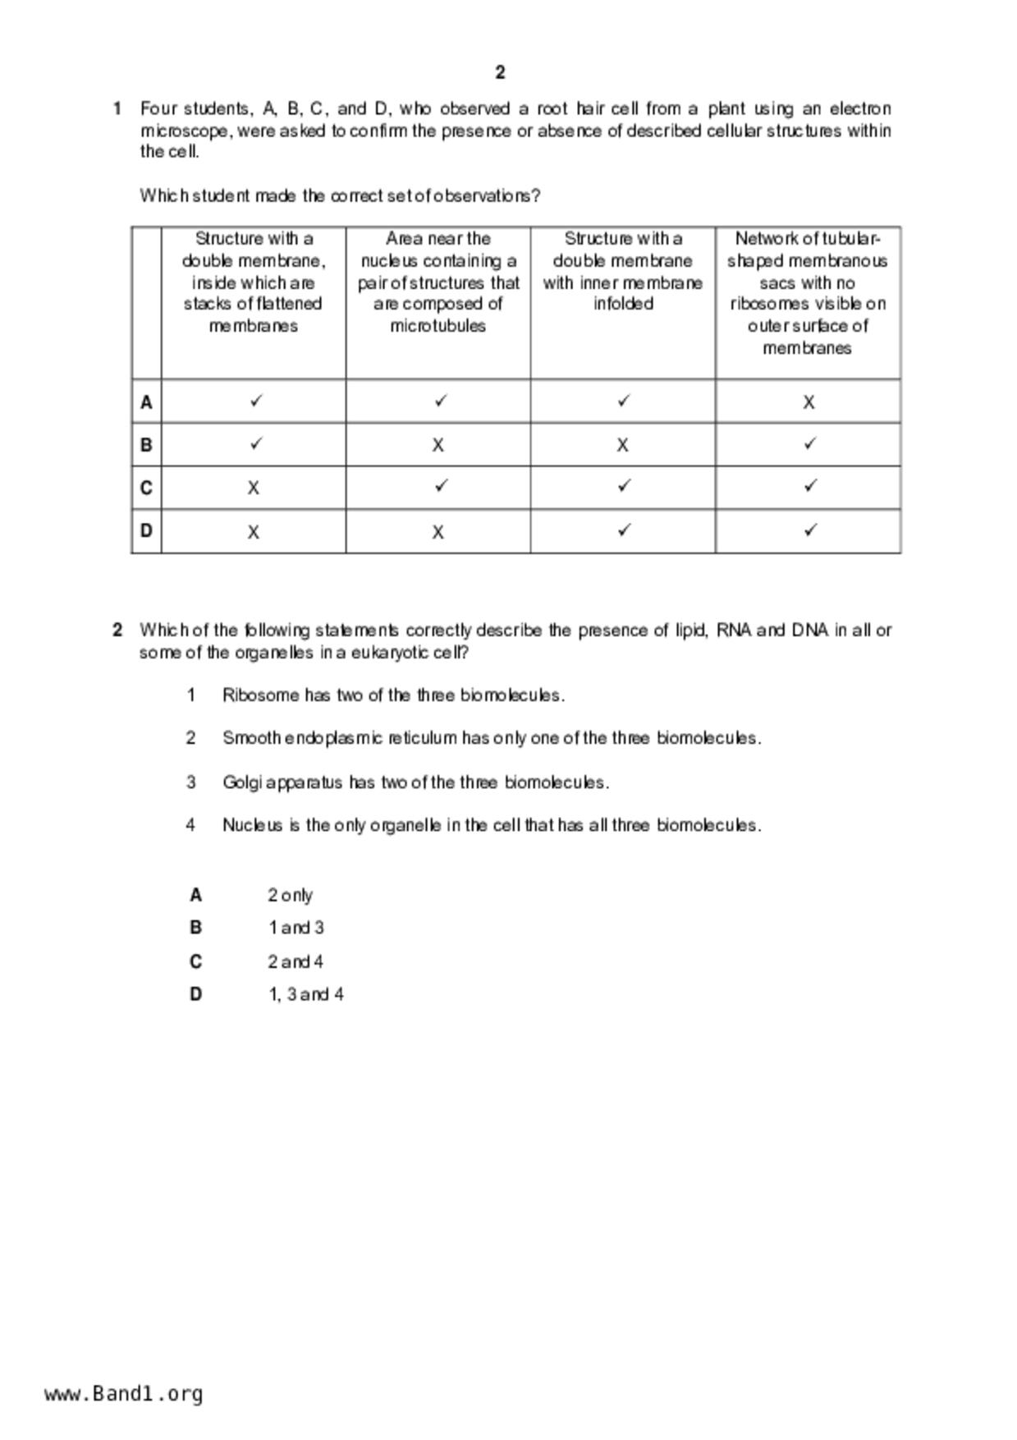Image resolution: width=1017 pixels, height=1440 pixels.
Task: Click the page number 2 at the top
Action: pos(500,73)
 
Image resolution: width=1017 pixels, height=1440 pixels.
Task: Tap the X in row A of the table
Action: pos(809,402)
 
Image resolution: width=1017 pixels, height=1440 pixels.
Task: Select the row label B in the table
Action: pos(146,445)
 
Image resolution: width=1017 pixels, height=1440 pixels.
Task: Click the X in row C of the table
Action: pos(254,488)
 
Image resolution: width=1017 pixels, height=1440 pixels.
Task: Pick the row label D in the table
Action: pos(146,531)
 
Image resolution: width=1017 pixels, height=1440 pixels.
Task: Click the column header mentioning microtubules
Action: pos(438,282)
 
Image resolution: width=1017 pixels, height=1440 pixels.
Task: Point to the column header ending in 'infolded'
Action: pos(623,272)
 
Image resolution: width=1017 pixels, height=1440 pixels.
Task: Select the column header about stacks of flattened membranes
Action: pos(254,282)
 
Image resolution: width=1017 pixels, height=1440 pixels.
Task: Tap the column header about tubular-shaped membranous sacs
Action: pos(808,293)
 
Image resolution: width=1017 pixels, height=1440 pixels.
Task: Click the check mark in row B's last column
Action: pos(809,444)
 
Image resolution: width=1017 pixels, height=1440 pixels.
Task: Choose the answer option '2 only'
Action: pos(290,896)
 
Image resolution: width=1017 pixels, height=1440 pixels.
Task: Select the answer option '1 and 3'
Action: pos(295,929)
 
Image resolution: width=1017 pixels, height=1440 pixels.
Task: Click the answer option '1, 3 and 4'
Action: pos(306,995)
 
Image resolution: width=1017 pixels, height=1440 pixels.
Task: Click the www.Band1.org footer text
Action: pos(124,1394)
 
